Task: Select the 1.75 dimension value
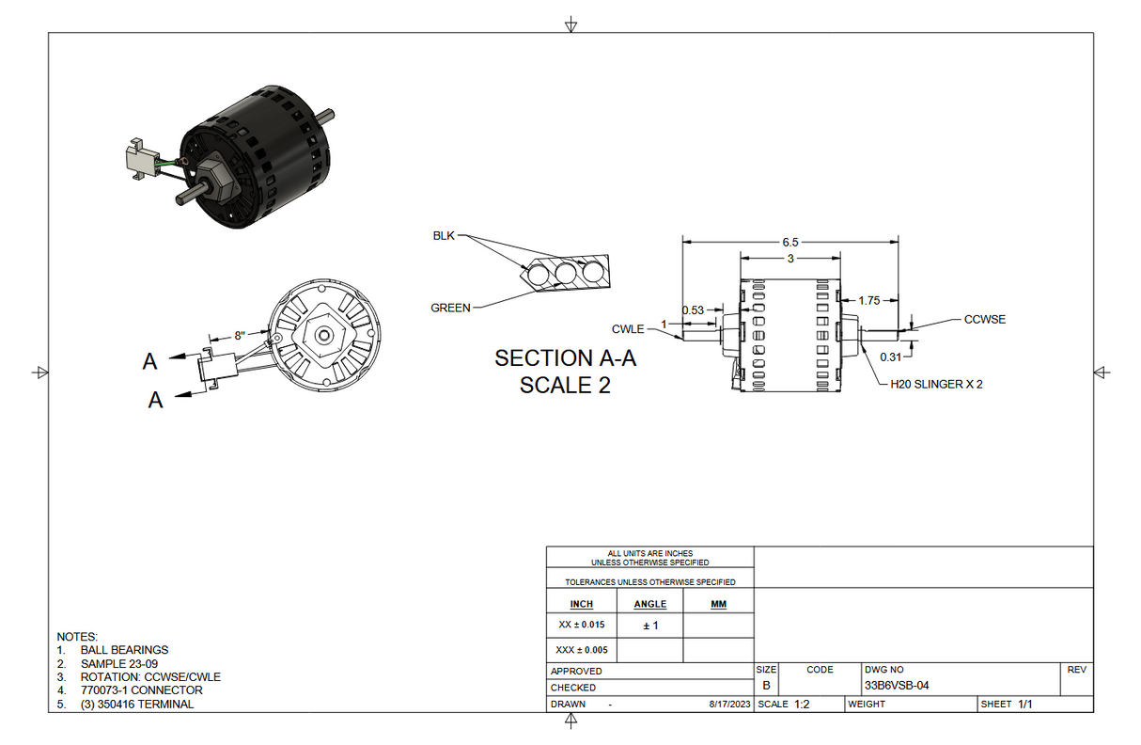(x=869, y=300)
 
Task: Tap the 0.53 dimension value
(x=693, y=309)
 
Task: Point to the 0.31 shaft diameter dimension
(x=889, y=357)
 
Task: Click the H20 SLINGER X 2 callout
(x=936, y=384)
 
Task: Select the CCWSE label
(x=984, y=319)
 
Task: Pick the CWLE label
(x=628, y=328)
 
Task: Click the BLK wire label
(x=444, y=236)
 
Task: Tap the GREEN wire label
(x=450, y=308)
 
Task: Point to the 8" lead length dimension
(x=240, y=335)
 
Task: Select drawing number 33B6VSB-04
(x=896, y=686)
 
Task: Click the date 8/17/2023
(x=729, y=705)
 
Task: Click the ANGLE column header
(x=649, y=604)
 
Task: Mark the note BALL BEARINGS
(x=124, y=649)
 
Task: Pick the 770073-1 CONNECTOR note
(x=141, y=690)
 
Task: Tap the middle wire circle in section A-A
(x=566, y=274)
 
